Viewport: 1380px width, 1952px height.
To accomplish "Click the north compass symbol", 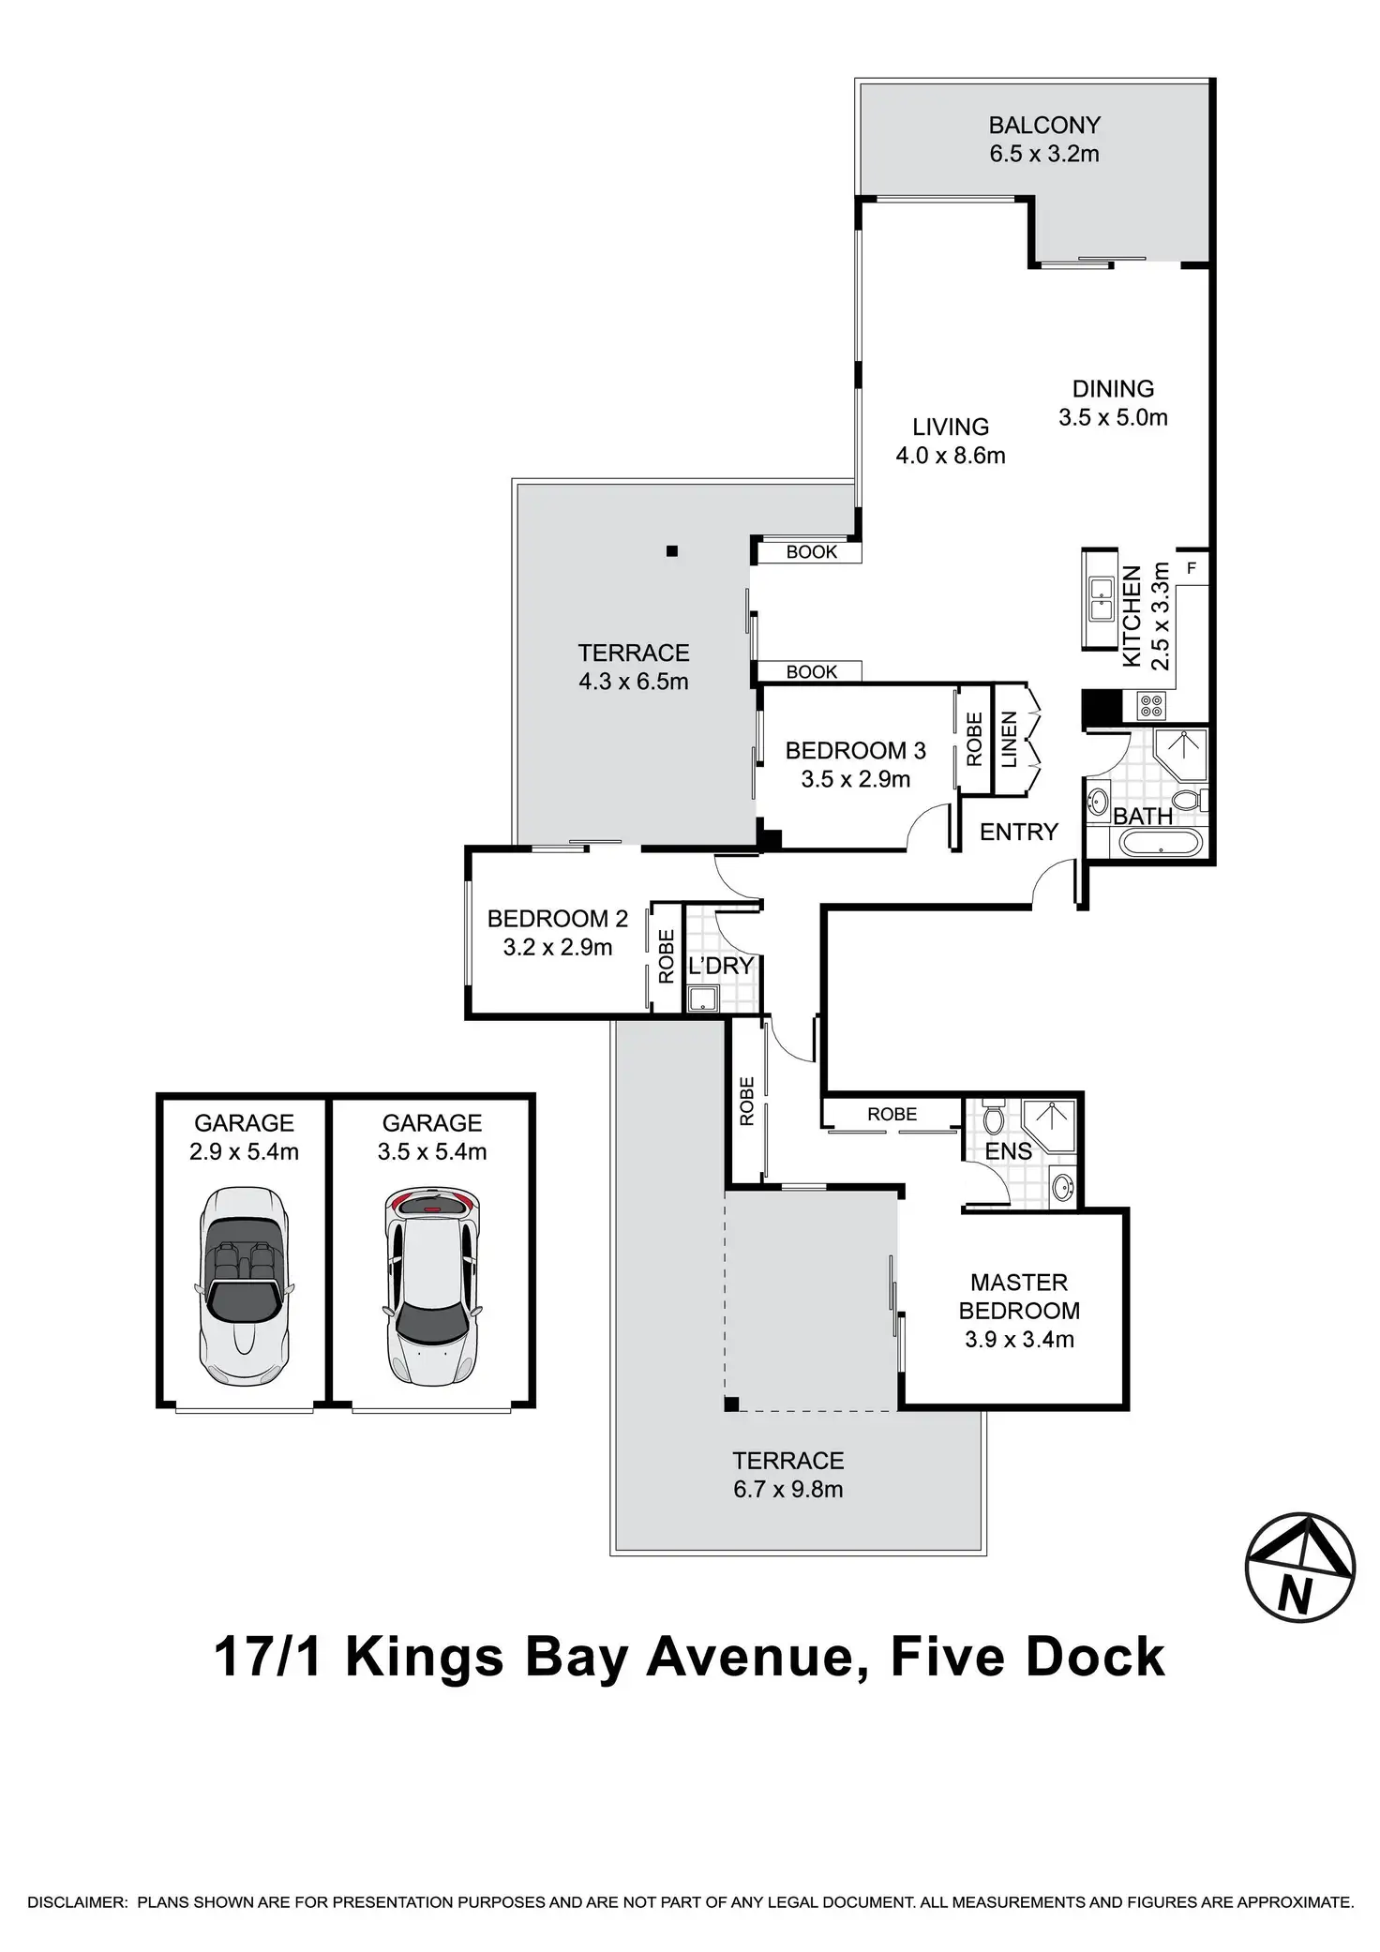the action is [1299, 1568].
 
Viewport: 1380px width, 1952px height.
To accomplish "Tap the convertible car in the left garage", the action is [244, 1286].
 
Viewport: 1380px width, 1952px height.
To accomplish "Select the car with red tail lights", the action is [432, 1288].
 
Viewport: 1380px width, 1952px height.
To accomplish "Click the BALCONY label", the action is [1044, 125].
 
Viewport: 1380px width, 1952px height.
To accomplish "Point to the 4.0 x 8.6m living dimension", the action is [951, 456].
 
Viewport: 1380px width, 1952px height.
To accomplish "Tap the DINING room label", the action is [1113, 388].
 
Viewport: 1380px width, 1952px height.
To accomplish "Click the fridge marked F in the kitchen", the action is [1192, 568].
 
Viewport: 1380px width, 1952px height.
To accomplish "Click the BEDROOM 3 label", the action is [855, 750].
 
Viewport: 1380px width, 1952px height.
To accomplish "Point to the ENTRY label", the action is [1019, 832].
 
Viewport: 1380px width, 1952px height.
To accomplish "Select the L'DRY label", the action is [721, 966].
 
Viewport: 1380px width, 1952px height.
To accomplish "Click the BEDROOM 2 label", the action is [558, 919].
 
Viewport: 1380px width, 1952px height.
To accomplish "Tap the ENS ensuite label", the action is [1009, 1150].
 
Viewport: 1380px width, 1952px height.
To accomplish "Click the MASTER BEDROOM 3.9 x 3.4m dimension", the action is [1019, 1340].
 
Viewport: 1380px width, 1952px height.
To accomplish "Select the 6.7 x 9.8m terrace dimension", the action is [788, 1490].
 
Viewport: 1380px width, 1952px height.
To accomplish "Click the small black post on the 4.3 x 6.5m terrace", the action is [672, 551].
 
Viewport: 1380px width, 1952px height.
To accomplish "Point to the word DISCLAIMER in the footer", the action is [76, 1903].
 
